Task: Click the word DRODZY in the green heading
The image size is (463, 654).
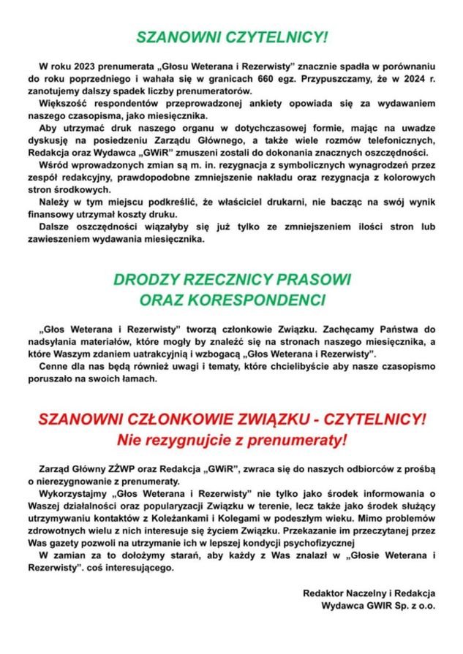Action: point(146,280)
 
